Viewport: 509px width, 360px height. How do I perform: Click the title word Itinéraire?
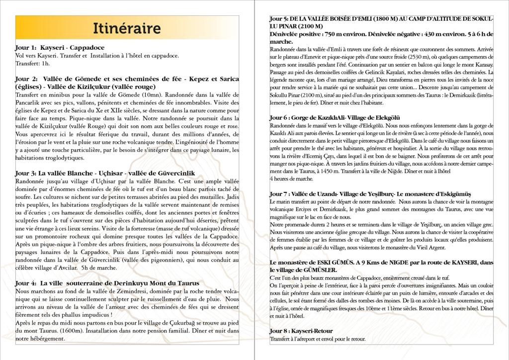pyautogui.click(x=127, y=28)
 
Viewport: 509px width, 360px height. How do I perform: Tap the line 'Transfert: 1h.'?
pyautogui.click(x=32, y=63)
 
